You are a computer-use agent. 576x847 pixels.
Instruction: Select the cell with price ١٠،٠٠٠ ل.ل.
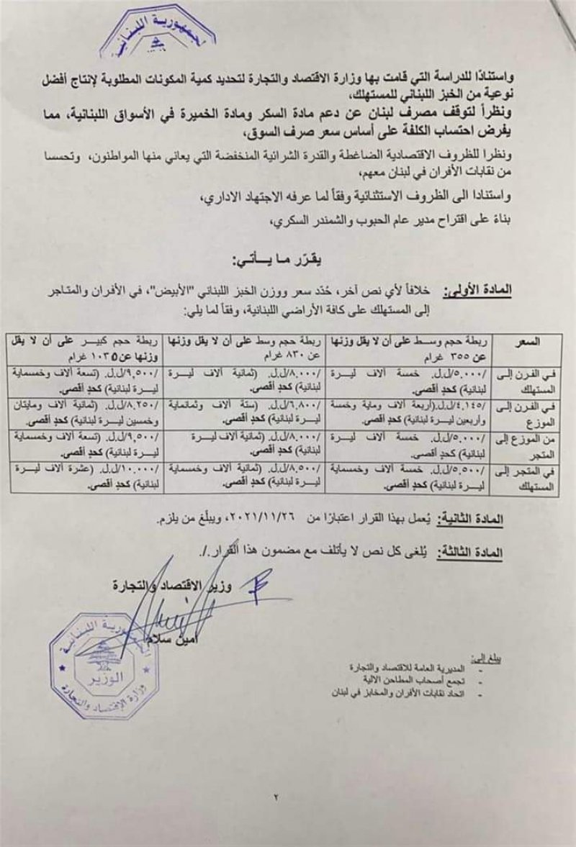(85, 479)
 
